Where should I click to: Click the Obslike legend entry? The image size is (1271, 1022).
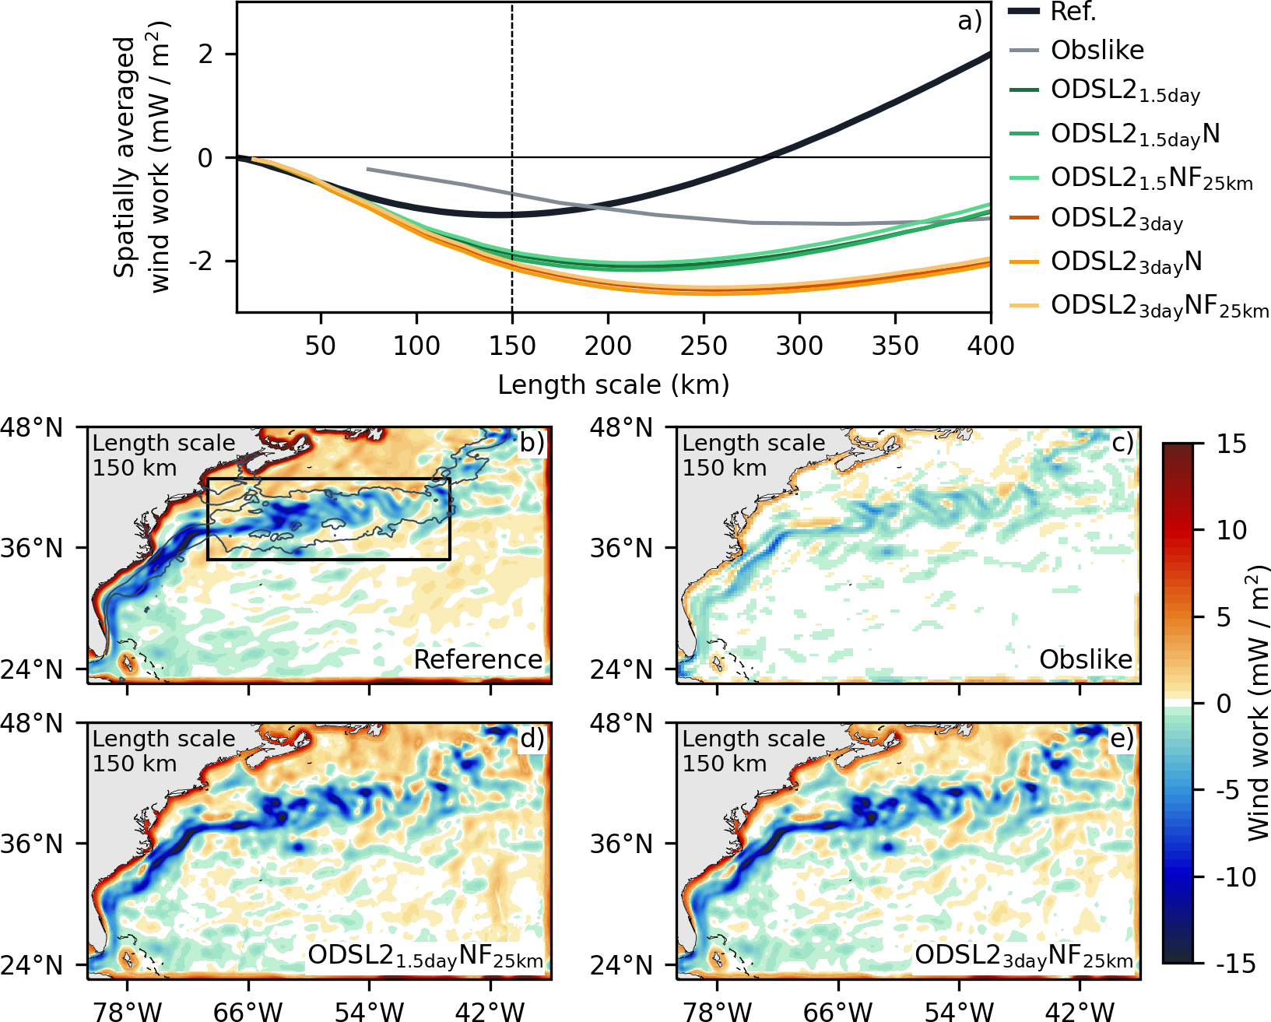(x=1097, y=51)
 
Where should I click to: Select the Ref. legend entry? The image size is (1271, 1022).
(x=1073, y=12)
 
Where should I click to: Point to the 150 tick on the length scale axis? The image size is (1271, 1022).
(x=512, y=345)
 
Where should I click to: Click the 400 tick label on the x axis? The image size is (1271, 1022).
(x=990, y=345)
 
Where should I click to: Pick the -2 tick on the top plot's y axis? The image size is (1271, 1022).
(x=205, y=261)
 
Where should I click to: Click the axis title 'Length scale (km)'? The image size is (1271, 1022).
(x=613, y=385)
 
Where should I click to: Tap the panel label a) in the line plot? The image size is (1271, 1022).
(x=970, y=21)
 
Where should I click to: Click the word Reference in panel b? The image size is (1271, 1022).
(x=478, y=660)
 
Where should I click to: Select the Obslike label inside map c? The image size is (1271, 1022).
(x=1086, y=660)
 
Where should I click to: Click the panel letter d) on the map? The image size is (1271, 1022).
(x=532, y=739)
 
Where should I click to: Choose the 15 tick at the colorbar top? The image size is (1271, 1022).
(x=1231, y=444)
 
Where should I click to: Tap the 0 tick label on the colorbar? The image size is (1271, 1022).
(x=1224, y=704)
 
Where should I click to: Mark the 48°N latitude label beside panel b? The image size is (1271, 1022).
(x=32, y=427)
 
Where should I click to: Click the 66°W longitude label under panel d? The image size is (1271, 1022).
(x=248, y=1011)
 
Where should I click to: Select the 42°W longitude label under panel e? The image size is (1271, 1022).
(x=1080, y=1011)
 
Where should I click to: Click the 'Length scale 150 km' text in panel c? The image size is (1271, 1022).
(x=753, y=455)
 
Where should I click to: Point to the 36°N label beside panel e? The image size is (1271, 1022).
(x=621, y=845)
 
